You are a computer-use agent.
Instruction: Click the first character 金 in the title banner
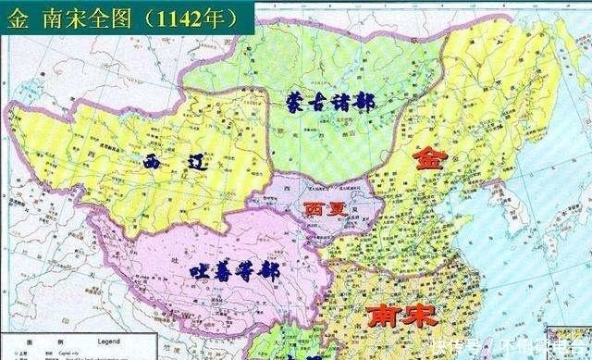pyautogui.click(x=17, y=16)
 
